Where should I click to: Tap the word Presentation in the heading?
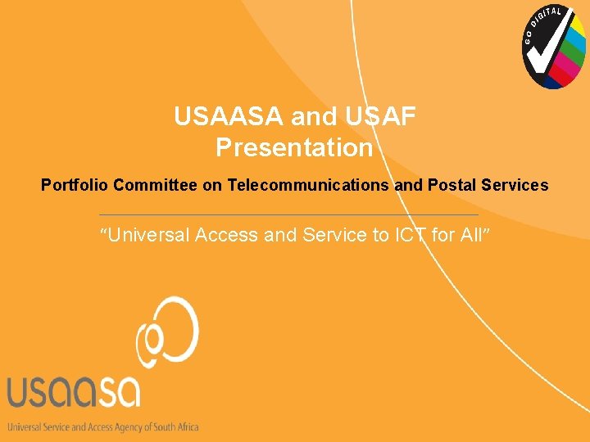tap(294, 148)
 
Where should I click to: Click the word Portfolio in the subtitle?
tap(75, 186)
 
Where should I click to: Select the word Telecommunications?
tap(309, 186)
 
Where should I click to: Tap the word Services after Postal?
tap(516, 186)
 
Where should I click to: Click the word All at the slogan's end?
tap(471, 236)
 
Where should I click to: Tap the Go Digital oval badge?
tap(555, 47)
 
